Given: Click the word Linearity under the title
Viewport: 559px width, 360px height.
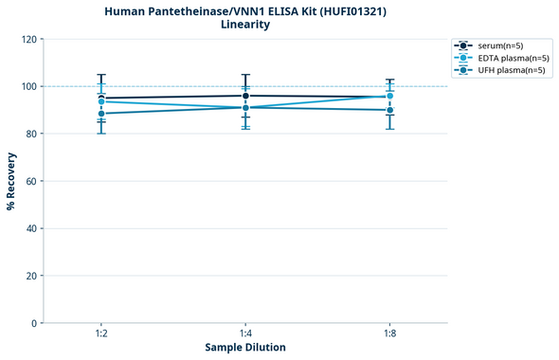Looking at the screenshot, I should click(245, 25).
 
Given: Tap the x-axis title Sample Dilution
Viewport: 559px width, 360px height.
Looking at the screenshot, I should click(245, 348).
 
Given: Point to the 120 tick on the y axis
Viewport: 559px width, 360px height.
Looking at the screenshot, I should click(28, 39).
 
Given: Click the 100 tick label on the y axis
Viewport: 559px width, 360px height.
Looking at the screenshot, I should click(28, 86).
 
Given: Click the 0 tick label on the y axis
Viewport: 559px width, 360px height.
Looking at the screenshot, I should click(34, 323).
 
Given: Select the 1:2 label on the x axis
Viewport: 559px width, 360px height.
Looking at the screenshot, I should click(101, 333).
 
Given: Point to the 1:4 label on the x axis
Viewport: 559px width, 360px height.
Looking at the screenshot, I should click(245, 333).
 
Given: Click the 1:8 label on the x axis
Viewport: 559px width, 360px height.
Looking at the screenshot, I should click(389, 333).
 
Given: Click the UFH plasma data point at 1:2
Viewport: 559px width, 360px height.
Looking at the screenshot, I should click(101, 114).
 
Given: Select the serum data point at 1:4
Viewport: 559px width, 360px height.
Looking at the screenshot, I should click(245, 96).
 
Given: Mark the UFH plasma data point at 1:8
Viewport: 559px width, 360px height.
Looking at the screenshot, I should click(389, 110).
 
